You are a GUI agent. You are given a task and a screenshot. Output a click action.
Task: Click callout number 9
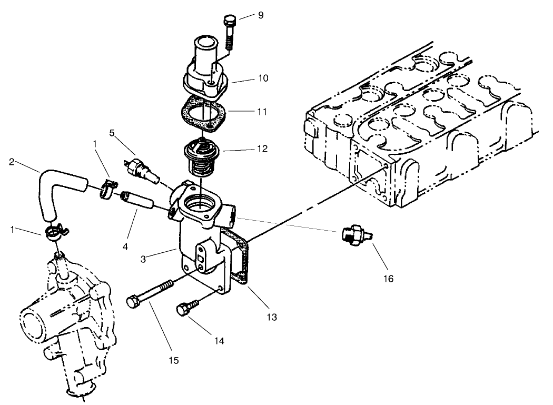tap(261, 15)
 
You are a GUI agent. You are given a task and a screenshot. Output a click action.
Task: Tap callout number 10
tap(263, 78)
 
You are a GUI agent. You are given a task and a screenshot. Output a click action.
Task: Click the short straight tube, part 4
tap(137, 201)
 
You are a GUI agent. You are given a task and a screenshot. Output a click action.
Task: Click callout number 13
tap(272, 317)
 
